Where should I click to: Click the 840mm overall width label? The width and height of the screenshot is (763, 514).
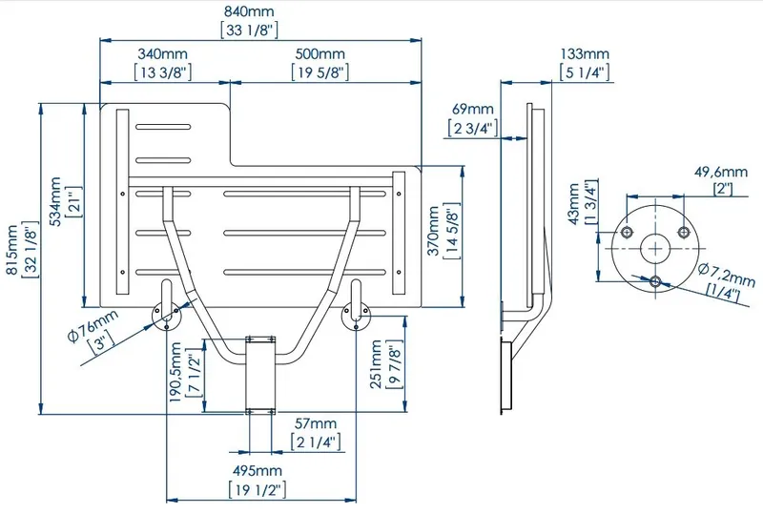(x=249, y=11)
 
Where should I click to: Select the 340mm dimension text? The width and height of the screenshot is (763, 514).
(x=162, y=53)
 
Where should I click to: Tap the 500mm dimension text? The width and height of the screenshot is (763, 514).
(x=320, y=53)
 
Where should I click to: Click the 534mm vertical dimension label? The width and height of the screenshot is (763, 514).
(x=55, y=201)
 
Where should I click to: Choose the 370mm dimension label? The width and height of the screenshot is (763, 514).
(x=433, y=231)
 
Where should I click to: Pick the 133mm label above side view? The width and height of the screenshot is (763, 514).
(x=585, y=53)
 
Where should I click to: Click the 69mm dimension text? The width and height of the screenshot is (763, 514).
(x=472, y=109)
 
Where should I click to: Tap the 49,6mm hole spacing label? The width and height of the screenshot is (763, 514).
(x=721, y=172)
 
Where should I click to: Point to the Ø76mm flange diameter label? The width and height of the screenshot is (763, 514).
(x=93, y=325)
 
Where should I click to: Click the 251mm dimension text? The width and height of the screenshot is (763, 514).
(x=376, y=364)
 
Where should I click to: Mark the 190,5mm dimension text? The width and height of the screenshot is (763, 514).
(x=175, y=372)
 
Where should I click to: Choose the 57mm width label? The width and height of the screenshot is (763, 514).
(x=316, y=423)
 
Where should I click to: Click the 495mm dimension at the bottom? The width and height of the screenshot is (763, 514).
(x=257, y=471)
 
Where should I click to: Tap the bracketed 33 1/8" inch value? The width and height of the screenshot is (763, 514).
(x=249, y=31)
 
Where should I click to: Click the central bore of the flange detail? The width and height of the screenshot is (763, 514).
(x=655, y=249)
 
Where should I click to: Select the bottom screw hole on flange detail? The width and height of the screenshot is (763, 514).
(x=655, y=281)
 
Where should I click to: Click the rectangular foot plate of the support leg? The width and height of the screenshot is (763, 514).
(x=260, y=374)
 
